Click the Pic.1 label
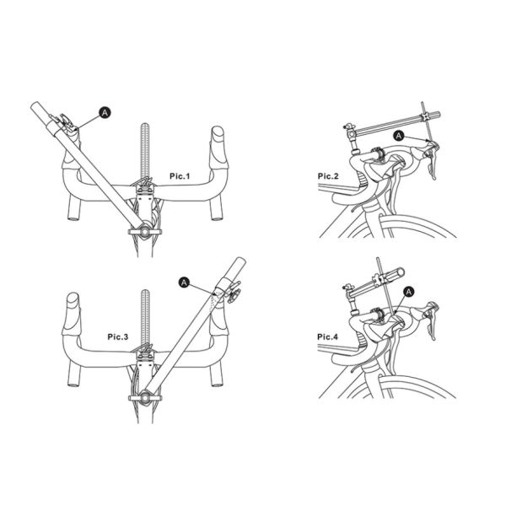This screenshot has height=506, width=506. point(178,176)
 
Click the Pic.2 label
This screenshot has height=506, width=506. point(327,176)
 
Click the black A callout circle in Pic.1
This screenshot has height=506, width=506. point(105,111)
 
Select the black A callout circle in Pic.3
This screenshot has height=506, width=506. point(186,282)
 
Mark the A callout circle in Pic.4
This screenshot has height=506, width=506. point(409,291)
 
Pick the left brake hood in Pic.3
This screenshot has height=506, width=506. point(73,301)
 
